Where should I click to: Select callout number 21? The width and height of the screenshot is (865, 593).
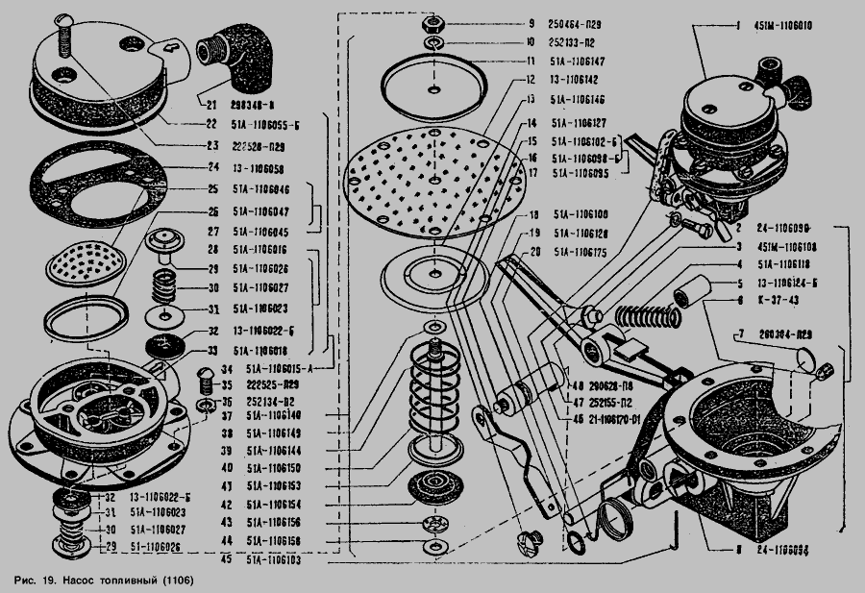209,100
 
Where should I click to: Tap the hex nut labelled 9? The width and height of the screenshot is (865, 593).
431,21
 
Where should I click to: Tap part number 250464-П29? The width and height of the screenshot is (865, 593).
577,23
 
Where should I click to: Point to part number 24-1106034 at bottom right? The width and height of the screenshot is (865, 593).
783,551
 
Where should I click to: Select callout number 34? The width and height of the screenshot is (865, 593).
226,368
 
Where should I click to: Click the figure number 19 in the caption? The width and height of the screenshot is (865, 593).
46,581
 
